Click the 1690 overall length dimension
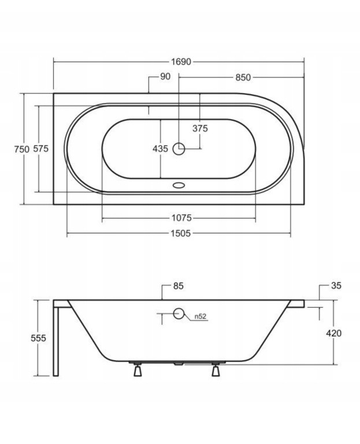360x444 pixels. [x=181, y=61]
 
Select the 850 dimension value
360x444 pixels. [x=243, y=77]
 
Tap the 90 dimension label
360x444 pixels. [x=165, y=76]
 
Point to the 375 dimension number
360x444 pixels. [x=200, y=128]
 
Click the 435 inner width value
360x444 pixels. [x=160, y=149]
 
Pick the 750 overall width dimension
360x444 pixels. [x=22, y=149]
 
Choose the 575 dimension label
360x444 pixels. [x=41, y=149]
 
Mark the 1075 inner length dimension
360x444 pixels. [x=181, y=218]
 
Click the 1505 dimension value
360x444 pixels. [x=181, y=234]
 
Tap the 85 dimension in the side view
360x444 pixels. [x=179, y=286]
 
